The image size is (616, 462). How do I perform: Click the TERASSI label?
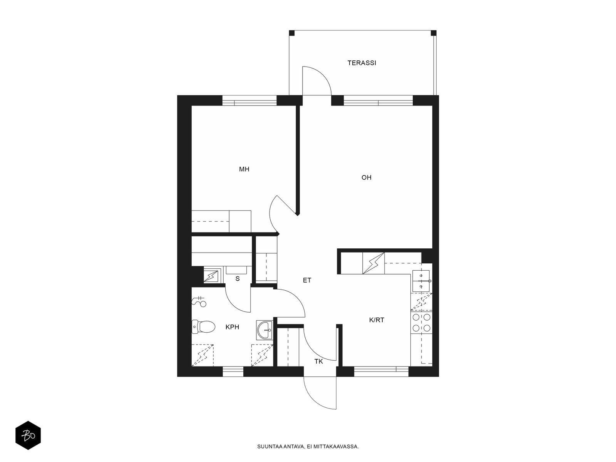362,63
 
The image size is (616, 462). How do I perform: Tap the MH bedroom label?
244,169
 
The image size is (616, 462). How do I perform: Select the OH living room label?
366,177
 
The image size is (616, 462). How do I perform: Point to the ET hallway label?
307,280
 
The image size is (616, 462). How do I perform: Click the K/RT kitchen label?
376,320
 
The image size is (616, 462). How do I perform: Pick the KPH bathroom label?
232,327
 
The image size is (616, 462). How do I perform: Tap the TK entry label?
318,361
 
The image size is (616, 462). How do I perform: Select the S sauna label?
238,278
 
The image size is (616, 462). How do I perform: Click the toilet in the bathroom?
203,327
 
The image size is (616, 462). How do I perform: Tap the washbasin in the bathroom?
264,330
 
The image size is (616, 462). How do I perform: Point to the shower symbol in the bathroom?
199,301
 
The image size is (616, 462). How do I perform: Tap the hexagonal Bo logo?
28,435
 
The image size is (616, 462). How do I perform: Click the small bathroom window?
233,371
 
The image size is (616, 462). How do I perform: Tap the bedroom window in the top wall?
250,100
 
